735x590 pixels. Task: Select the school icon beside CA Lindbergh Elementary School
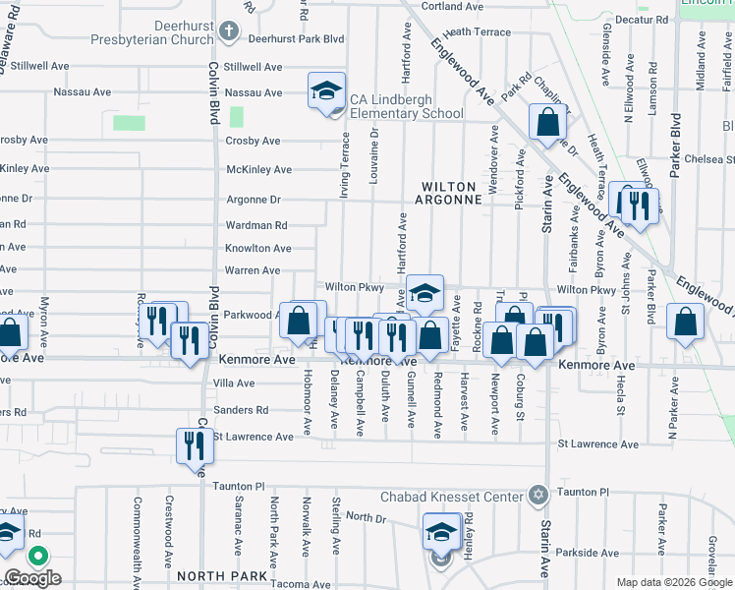[x=325, y=92]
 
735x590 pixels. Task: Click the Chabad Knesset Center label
[x=451, y=497]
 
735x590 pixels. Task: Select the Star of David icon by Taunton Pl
[x=537, y=494]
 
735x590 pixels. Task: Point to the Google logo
[x=33, y=578]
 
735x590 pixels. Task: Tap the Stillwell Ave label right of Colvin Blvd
[x=254, y=67]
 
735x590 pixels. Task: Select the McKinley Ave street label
[x=259, y=169]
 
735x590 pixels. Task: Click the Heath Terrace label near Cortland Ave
[x=478, y=32]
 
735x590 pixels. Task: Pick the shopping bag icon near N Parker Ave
[x=686, y=321]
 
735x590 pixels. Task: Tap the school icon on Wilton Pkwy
[x=424, y=292]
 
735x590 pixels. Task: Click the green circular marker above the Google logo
[x=38, y=556]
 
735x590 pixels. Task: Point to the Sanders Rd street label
[x=241, y=410]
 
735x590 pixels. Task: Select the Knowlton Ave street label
[x=257, y=249]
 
